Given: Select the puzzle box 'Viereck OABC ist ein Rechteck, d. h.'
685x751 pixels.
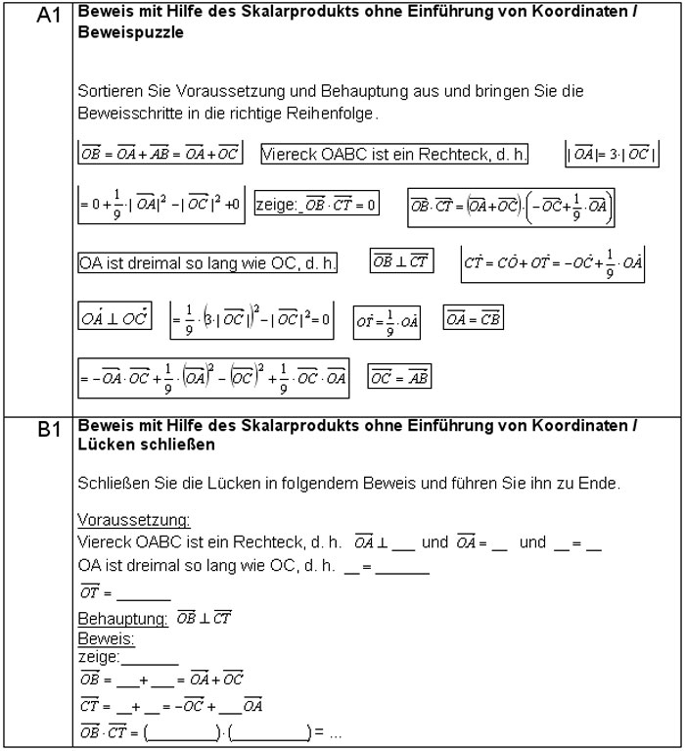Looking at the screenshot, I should click(394, 154).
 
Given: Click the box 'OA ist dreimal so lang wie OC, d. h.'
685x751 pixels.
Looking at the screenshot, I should click(208, 263).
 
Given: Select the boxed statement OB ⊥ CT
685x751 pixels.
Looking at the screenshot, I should click(400, 261).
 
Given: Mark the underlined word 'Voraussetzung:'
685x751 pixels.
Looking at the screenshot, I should click(133, 519).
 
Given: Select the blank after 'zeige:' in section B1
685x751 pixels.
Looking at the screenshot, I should click(144, 657).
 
